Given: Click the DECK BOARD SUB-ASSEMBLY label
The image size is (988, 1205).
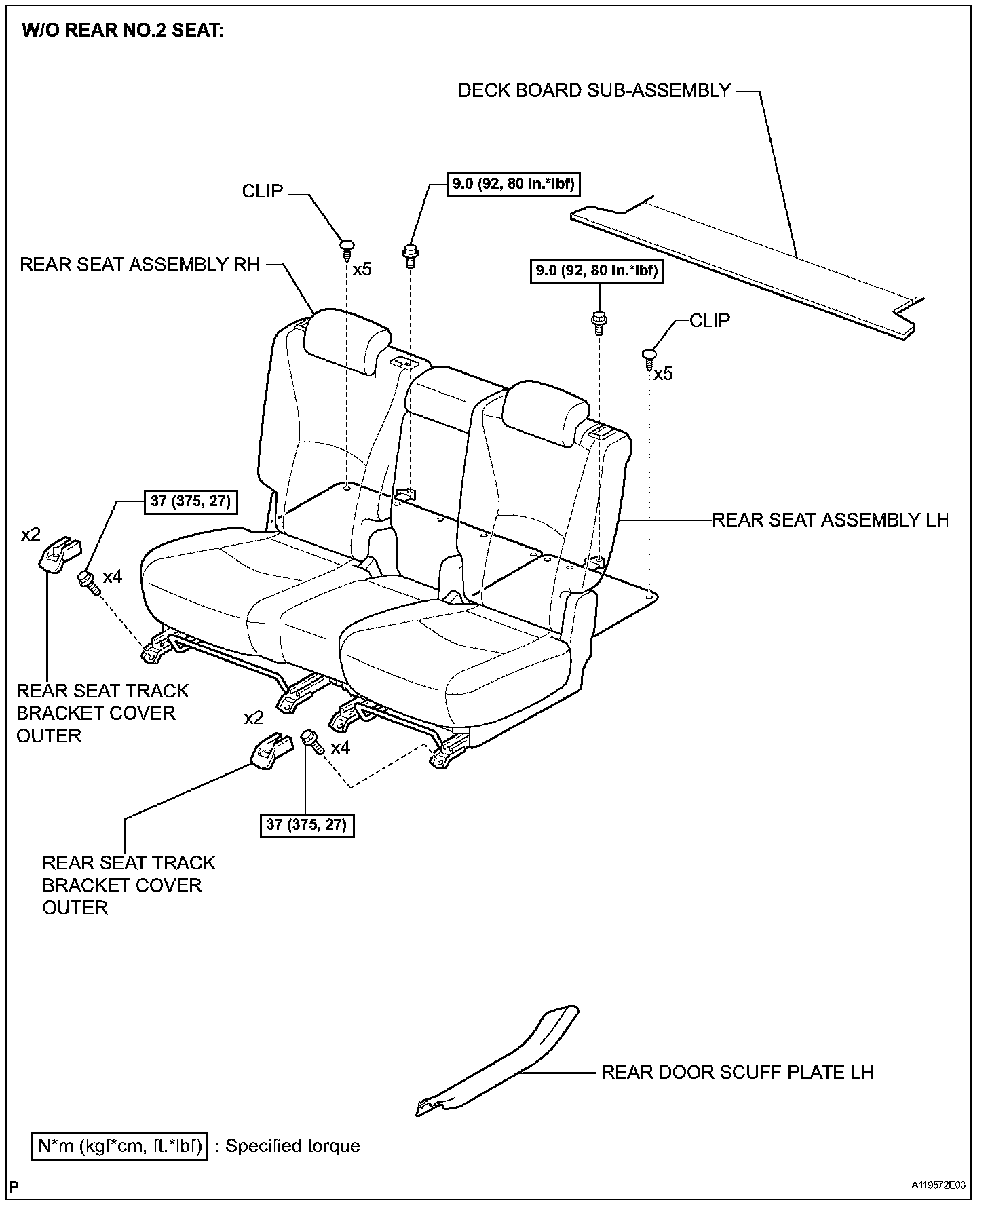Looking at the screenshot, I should coord(594,91).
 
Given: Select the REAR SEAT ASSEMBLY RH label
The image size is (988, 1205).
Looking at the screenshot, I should coord(140,265).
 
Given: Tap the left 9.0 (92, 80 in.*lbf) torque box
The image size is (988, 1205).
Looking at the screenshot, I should coord(515,184).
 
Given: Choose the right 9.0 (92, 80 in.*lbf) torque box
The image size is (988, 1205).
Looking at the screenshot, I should coord(598,271).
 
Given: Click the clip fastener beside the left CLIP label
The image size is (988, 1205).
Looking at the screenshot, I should coord(347,246).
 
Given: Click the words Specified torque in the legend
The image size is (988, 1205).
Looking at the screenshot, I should coord(292,1146).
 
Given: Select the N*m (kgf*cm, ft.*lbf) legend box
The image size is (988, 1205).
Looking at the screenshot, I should coord(120,1146).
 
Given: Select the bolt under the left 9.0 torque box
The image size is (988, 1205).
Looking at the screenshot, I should coord(410,254).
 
